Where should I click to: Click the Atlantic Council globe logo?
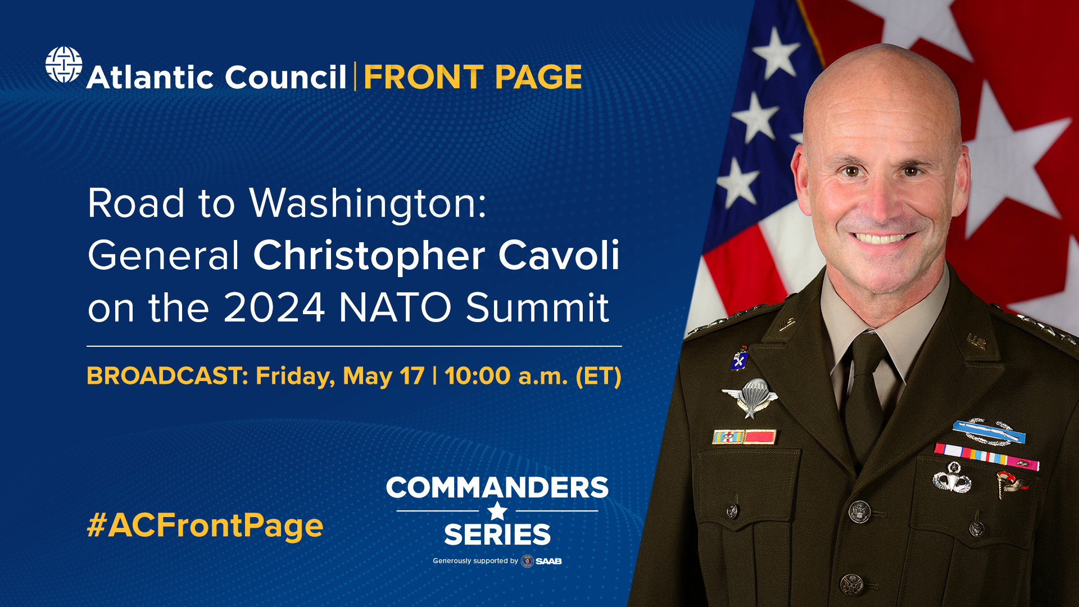click(x=64, y=65)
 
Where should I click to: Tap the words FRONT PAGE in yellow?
click(x=473, y=77)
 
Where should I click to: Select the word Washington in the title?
click(x=368, y=203)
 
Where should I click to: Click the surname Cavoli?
click(x=559, y=256)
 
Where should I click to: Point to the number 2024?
click(x=274, y=307)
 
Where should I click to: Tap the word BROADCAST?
click(x=167, y=376)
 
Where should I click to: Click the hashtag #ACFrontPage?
click(x=205, y=526)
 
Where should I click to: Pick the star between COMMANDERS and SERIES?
click(x=497, y=511)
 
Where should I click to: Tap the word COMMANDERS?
click(x=497, y=487)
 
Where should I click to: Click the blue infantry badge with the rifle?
click(x=989, y=433)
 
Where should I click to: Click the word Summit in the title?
click(x=537, y=307)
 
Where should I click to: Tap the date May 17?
click(x=383, y=376)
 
